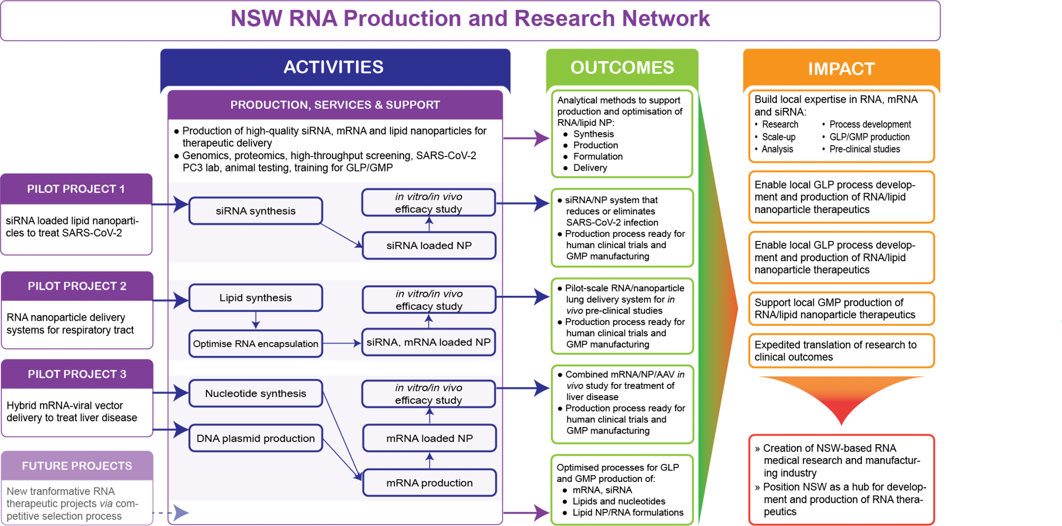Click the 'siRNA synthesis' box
click(256, 211)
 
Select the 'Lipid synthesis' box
click(256, 298)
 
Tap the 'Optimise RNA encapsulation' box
click(256, 344)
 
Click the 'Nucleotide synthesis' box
click(256, 393)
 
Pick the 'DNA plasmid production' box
click(256, 438)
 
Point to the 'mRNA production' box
click(429, 483)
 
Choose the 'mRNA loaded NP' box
click(429, 438)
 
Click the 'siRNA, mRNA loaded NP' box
click(428, 342)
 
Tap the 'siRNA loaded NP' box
click(429, 246)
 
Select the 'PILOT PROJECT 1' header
click(76, 189)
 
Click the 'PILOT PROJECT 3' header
click(77, 374)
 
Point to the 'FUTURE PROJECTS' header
click(77, 466)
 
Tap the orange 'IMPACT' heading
click(841, 68)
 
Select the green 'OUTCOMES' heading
click(622, 67)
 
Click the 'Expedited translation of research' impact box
click(841, 351)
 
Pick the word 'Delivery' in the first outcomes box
click(590, 168)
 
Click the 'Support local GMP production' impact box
click(841, 309)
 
